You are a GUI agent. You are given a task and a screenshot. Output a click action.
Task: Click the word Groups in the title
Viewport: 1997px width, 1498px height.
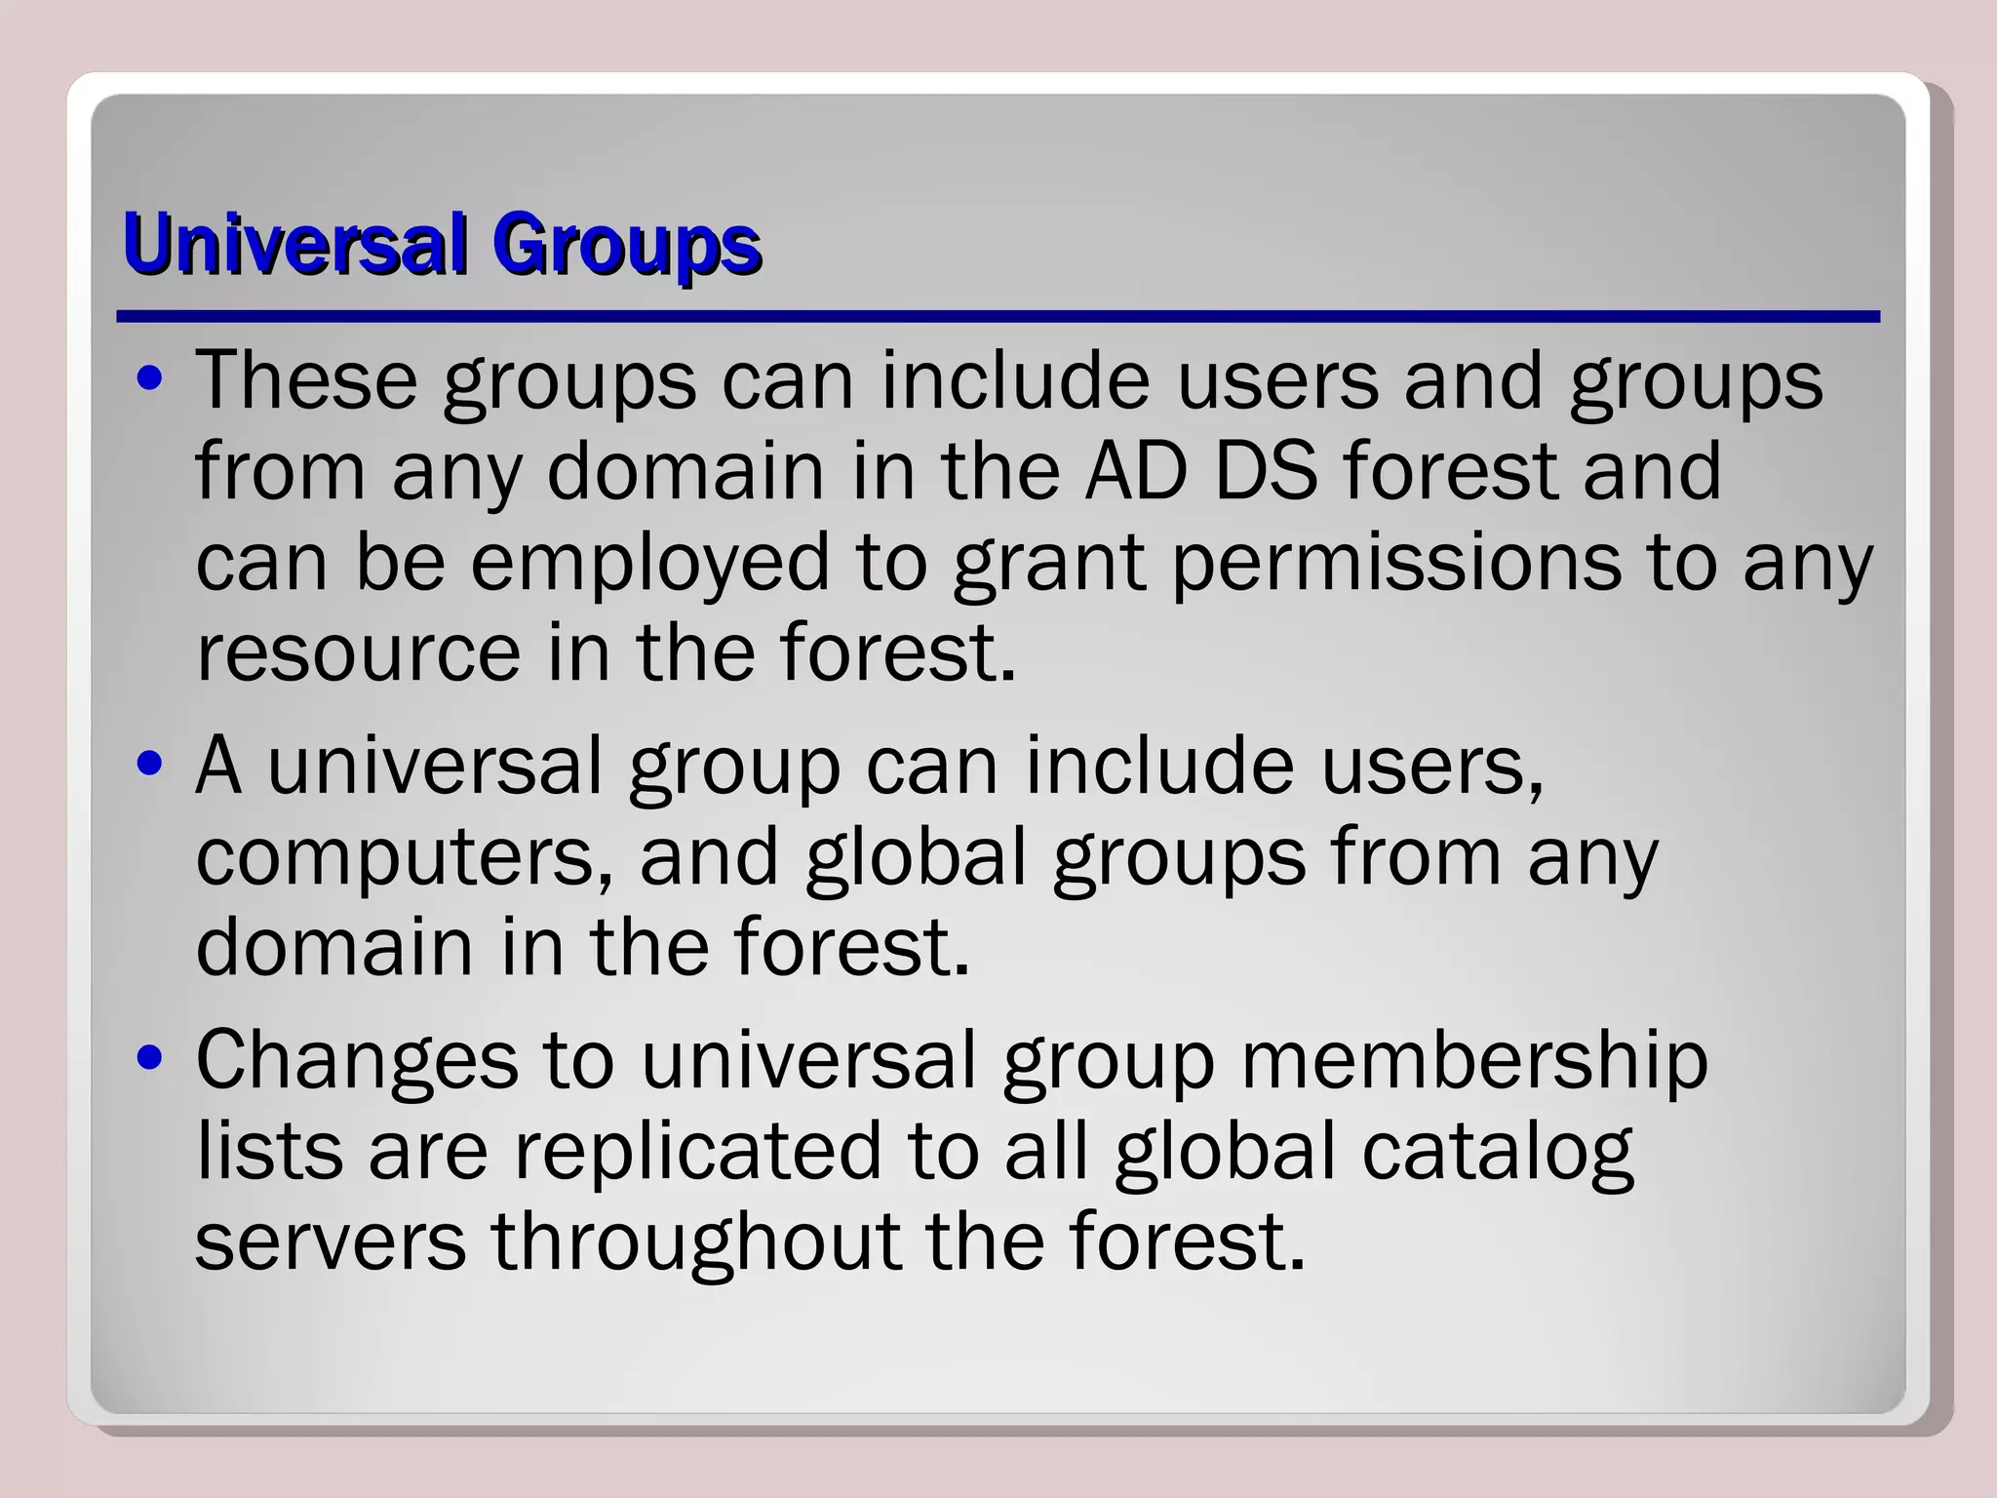click(x=625, y=246)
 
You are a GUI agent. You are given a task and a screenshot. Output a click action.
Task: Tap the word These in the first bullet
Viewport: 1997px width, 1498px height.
click(x=306, y=379)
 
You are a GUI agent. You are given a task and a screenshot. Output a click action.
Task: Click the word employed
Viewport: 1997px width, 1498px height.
click(x=650, y=565)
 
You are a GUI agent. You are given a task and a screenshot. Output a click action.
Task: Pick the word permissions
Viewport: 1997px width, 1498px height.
click(x=1396, y=565)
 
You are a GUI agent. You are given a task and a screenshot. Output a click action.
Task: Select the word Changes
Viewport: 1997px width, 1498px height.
click(x=357, y=1061)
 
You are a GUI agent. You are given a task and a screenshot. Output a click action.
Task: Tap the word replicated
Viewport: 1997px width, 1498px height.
click(x=698, y=1151)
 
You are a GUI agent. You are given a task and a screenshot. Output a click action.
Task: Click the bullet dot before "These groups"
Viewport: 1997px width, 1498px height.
click(x=149, y=381)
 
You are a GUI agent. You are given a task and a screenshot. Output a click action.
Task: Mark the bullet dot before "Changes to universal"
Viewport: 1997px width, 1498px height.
click(x=149, y=1060)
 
